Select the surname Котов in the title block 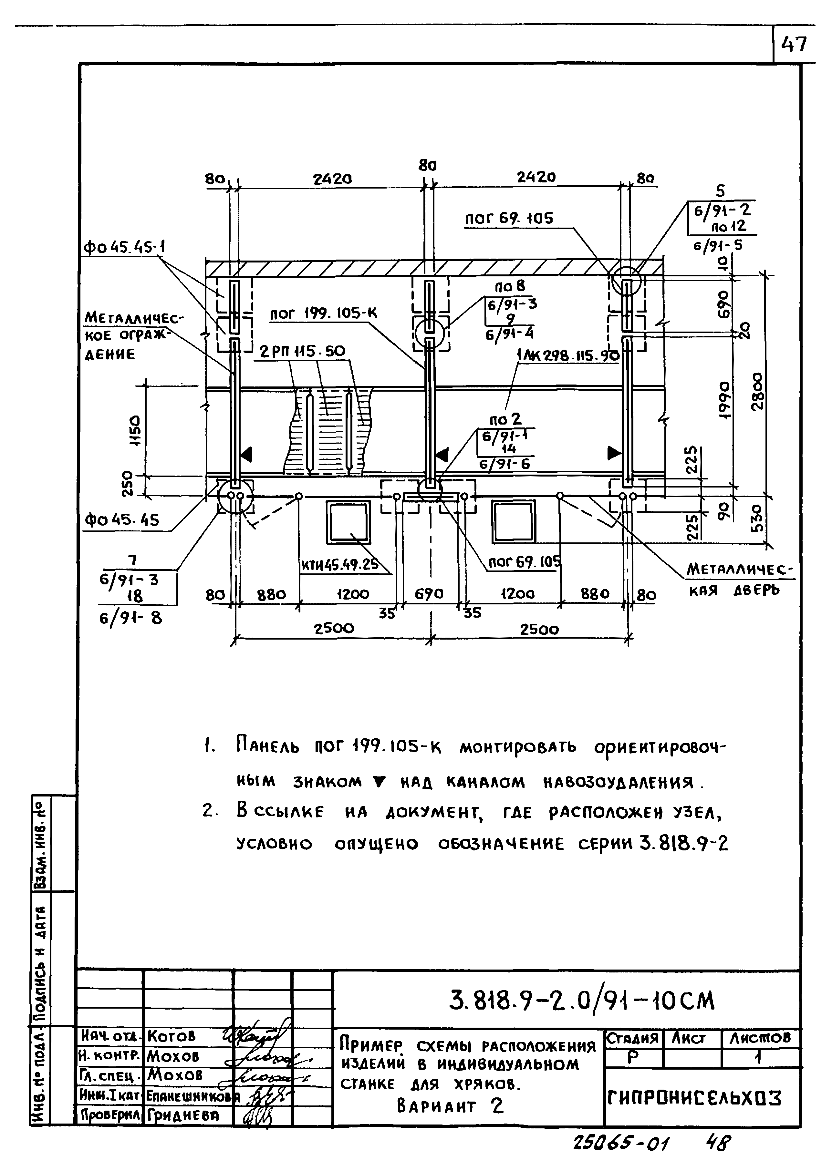coord(171,1036)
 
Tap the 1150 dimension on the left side coord(136,431)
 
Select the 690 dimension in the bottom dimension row coord(429,594)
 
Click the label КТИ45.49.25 coord(340,565)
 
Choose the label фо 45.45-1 coord(124,248)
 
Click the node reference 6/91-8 coord(130,619)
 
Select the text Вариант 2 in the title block coord(450,1107)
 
